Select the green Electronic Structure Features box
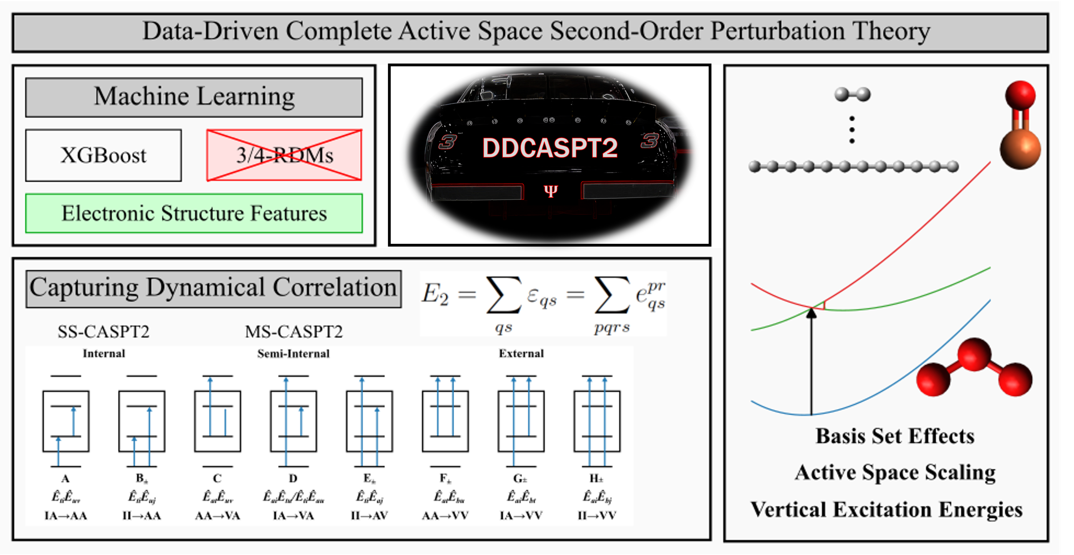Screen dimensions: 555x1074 [194, 213]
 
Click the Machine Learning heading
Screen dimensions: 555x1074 [194, 97]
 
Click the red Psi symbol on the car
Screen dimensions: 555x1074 [550, 191]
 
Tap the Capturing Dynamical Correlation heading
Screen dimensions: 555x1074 [213, 288]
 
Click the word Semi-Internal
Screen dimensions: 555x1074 [293, 354]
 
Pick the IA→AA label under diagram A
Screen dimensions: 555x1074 [66, 516]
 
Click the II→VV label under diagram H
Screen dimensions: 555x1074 [597, 516]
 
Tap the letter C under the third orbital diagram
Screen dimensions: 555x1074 [217, 478]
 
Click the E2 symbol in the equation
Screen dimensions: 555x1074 [435, 294]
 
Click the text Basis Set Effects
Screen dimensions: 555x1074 [895, 436]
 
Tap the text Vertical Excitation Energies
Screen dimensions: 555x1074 [886, 509]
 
